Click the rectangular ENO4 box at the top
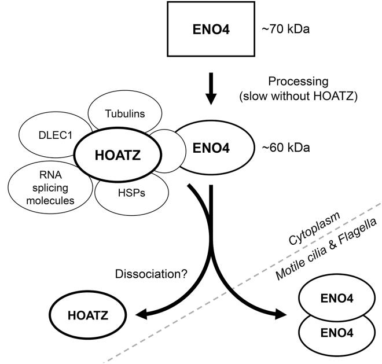coord(211,27)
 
